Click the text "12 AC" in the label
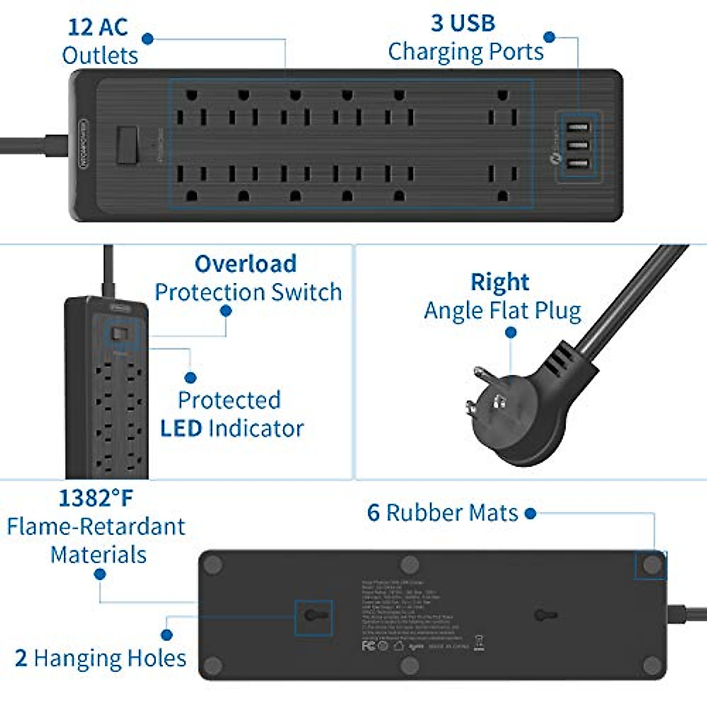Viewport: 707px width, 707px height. (97, 27)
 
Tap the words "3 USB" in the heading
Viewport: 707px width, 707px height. (463, 24)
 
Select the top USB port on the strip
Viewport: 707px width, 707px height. (577, 127)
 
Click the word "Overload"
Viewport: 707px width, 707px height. (246, 264)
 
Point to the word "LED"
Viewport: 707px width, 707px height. (181, 428)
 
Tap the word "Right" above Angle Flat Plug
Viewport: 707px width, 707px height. (500, 282)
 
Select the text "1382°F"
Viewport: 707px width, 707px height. (95, 498)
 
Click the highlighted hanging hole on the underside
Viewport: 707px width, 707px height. (313, 616)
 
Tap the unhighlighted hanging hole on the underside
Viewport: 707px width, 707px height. (545, 616)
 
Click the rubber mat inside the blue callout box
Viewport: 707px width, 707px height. (652, 565)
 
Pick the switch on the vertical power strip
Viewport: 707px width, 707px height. (121, 334)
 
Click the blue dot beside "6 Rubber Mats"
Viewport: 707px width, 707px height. (530, 514)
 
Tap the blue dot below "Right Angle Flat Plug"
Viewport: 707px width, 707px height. (511, 333)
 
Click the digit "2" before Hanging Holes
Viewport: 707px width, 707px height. (21, 658)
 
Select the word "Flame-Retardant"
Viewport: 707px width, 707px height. (96, 527)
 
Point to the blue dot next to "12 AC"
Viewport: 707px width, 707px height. (148, 39)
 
